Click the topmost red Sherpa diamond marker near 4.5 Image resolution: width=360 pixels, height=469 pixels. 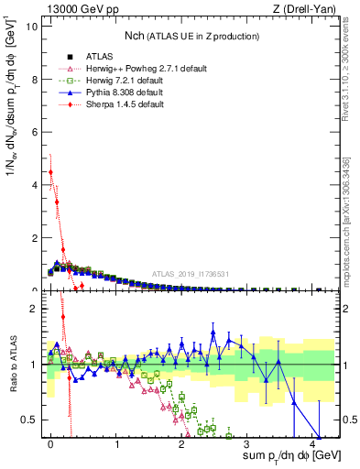(51, 172)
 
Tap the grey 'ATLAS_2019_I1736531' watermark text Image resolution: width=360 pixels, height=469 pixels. (191, 275)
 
